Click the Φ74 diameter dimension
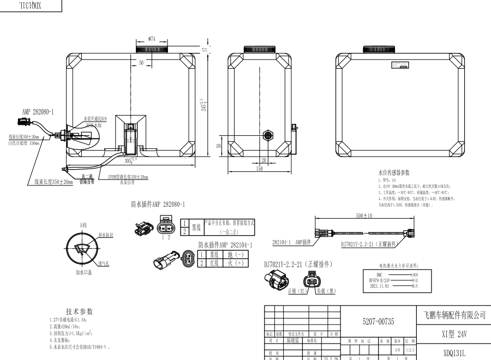152,39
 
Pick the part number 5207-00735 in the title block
378,322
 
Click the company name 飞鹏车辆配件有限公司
454,315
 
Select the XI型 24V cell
454,333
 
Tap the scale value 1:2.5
410,350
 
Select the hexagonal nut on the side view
267,134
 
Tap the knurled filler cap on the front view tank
152,50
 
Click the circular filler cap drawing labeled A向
83,251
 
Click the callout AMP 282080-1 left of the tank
38,112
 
